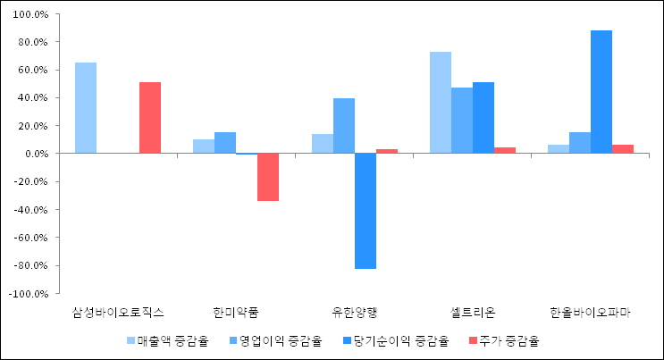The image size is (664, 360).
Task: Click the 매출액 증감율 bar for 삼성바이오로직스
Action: pos(86,108)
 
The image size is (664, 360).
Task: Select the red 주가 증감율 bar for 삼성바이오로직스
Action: pos(150,118)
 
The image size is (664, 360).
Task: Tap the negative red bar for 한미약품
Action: pos(268,177)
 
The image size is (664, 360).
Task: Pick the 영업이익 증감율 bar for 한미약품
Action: pos(225,143)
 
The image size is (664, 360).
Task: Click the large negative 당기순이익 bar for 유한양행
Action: pos(366,211)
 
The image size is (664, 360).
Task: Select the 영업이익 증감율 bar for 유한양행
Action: pos(344,126)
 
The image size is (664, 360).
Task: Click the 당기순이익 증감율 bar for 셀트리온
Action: pos(483,118)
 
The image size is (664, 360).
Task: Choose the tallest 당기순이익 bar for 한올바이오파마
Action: pos(601,92)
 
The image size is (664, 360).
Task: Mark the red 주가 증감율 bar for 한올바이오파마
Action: pos(623,149)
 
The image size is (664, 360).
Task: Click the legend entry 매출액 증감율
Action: pos(167,340)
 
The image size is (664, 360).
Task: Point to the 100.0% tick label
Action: pos(33,14)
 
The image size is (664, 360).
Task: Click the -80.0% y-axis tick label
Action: pos(32,265)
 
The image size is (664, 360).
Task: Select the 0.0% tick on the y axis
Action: pos(38,154)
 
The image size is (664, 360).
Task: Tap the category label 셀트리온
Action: pos(473,313)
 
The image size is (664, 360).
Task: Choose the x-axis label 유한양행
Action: pos(355,313)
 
